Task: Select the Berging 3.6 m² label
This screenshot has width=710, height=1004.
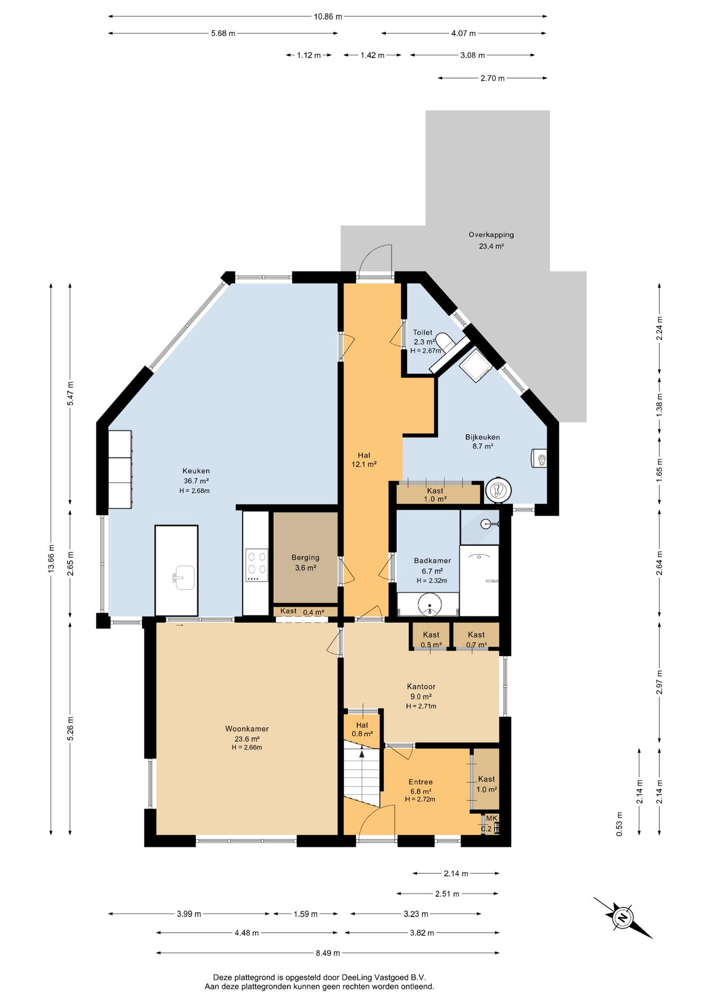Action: [x=305, y=563]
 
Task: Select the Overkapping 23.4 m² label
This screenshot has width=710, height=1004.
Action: [x=491, y=241]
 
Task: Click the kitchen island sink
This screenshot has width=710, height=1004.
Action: [x=185, y=577]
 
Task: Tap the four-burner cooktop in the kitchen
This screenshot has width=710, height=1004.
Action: [x=257, y=565]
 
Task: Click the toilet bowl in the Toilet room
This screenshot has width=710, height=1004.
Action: [x=445, y=341]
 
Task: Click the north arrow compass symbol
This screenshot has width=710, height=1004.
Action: [x=623, y=917]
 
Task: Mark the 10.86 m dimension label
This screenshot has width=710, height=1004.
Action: [x=328, y=17]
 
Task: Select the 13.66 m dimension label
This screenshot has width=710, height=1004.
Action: [x=51, y=558]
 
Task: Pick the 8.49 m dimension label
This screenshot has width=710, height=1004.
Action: [x=328, y=953]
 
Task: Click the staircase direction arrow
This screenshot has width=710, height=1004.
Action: [x=362, y=752]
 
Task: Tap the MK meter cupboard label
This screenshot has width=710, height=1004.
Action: [x=492, y=818]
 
